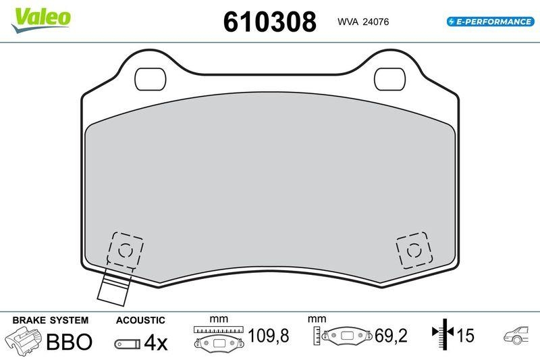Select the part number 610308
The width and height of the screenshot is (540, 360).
tap(269, 22)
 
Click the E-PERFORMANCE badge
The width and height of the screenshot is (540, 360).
tap(490, 22)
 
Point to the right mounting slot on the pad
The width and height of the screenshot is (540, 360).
tap(389, 79)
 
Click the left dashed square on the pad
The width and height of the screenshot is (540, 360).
tap(126, 251)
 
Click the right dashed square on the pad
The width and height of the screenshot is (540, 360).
tap(413, 251)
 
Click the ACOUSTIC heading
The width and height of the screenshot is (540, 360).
tap(140, 320)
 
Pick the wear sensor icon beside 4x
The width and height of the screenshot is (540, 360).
tap(127, 344)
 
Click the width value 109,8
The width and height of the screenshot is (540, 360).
tap(269, 336)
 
